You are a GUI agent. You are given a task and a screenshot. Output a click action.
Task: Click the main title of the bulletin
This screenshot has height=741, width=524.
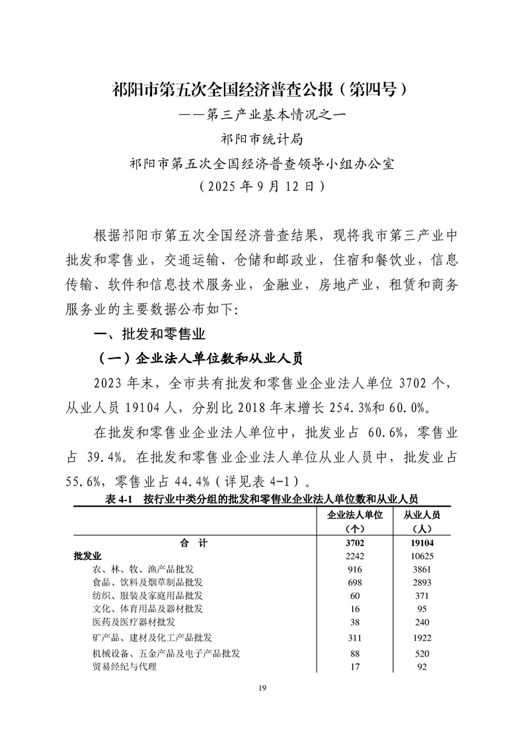pos(262,89)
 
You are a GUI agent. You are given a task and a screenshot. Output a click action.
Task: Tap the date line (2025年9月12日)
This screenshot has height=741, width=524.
pos(262,186)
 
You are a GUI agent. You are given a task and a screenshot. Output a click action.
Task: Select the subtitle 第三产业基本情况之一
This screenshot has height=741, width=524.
pos(262,114)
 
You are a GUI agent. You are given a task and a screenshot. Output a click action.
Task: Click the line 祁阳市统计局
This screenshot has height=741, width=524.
pos(262,139)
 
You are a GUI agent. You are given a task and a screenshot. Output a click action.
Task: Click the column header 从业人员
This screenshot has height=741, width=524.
pos(421,514)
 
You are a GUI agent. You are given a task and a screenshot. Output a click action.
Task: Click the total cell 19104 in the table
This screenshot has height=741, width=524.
pos(421,543)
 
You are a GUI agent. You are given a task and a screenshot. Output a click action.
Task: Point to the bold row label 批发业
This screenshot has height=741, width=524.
pos(87,556)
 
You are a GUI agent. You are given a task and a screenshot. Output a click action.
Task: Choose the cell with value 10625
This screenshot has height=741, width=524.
pos(421,556)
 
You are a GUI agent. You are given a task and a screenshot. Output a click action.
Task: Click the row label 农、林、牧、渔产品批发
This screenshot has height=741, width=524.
pos(143,569)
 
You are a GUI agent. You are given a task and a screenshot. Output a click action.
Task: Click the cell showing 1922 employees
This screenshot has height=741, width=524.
pos(421,637)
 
